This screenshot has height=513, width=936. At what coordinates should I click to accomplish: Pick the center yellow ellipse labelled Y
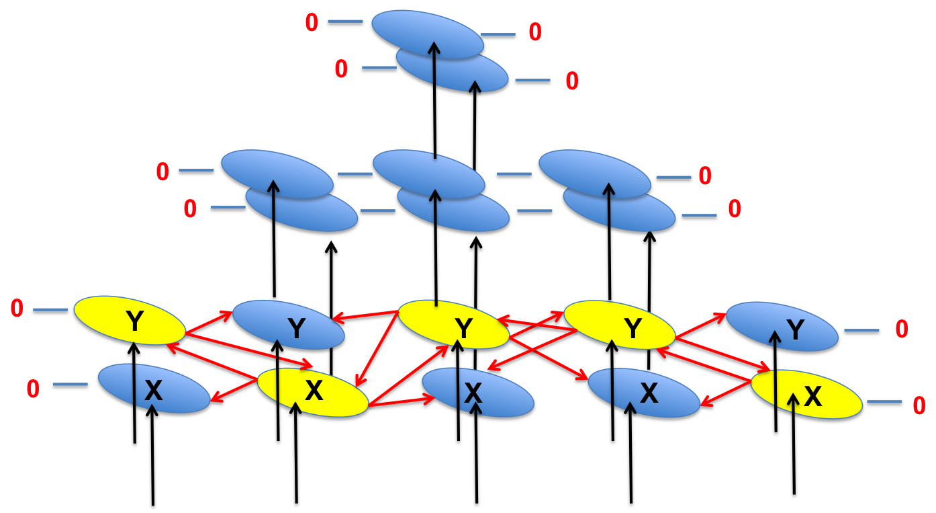(453, 325)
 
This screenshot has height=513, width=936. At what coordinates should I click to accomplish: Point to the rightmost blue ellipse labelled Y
(782, 328)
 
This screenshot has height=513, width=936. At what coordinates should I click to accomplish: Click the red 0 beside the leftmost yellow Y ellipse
(17, 309)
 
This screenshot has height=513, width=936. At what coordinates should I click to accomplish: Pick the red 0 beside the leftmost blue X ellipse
(33, 388)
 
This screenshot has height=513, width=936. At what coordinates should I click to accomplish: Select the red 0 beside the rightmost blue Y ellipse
(901, 329)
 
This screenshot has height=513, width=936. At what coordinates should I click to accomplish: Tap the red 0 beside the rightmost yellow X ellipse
(919, 405)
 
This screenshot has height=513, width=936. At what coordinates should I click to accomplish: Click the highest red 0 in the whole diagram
(311, 23)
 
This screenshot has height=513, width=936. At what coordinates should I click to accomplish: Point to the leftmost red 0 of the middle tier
(162, 172)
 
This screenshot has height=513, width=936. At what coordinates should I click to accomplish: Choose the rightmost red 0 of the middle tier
(735, 209)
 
